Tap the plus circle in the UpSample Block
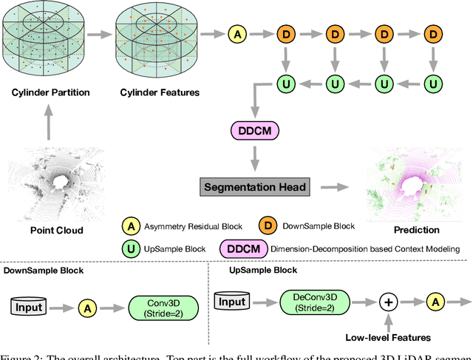point(387,303)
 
